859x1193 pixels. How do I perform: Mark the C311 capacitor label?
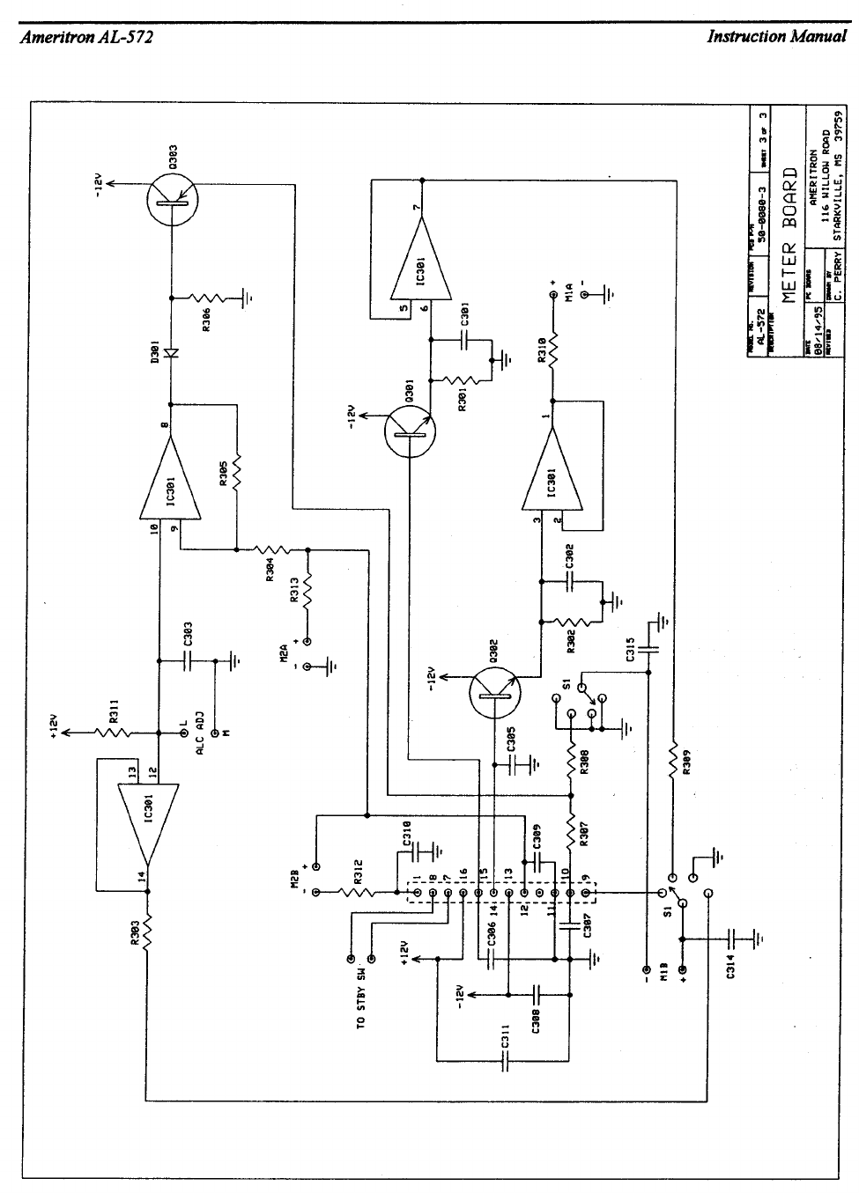tap(505, 1037)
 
